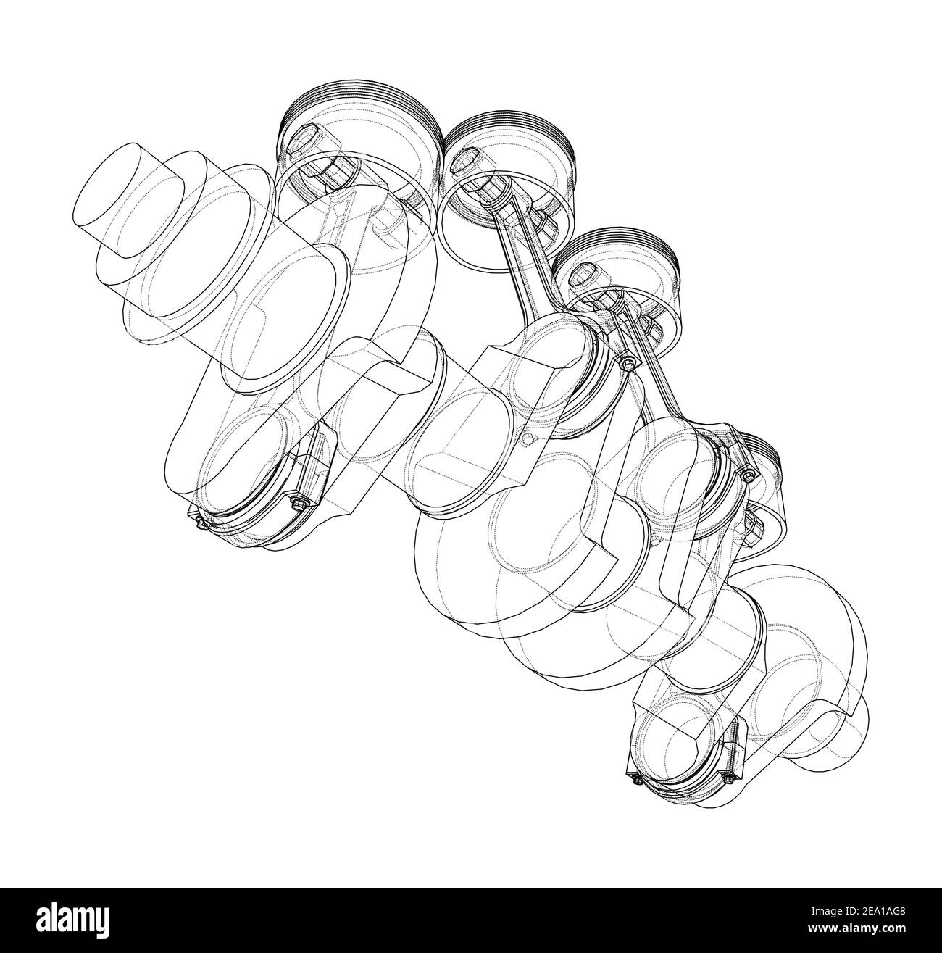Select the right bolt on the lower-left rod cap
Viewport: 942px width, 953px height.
(x=297, y=501)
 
